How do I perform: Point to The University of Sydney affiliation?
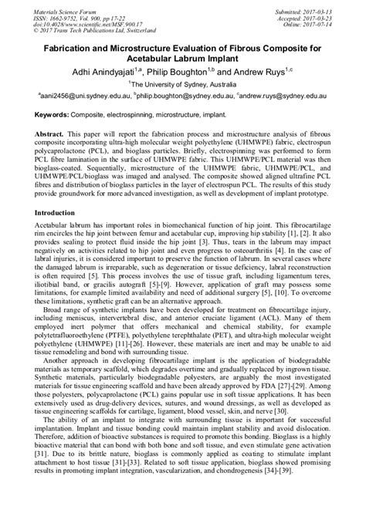[x=183, y=84]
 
